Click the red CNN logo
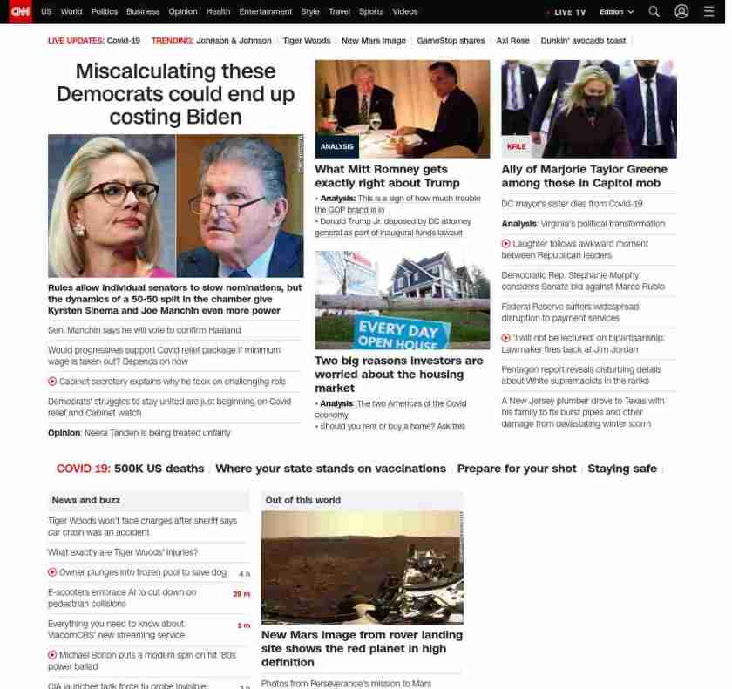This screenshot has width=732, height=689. coord(20,11)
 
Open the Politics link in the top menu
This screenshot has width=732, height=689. coord(105,11)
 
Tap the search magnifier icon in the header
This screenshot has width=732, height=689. coord(654,11)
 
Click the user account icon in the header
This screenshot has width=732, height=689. coord(681,11)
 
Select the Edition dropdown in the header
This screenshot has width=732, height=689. coord(616,12)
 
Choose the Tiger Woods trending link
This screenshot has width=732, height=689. coord(307,41)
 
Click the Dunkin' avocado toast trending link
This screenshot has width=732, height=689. coord(583,41)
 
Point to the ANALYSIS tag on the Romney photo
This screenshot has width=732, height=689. coord(336,146)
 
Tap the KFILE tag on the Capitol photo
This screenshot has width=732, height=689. coord(516,146)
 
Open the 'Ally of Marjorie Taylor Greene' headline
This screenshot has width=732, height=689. coord(584,176)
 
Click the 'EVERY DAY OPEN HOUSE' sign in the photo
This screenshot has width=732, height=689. coord(398,334)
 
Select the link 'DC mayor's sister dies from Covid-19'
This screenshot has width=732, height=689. coord(572,204)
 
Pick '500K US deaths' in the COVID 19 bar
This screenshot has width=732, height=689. coord(159,469)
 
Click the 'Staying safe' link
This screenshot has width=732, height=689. coord(621,469)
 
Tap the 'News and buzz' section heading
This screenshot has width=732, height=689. coord(86,500)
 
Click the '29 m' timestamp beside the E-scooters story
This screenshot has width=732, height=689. coord(241,594)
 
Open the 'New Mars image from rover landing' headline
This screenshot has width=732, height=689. coord(362,648)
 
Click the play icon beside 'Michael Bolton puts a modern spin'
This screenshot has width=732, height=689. coord(52,654)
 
